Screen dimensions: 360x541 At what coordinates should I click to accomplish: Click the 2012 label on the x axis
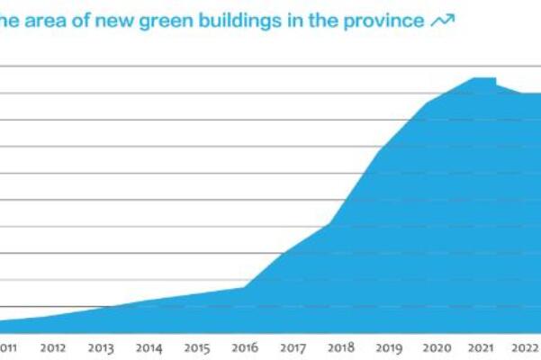(52, 348)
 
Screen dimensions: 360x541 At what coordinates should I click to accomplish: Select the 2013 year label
(101, 348)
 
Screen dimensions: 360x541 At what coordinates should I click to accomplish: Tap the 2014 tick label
(149, 348)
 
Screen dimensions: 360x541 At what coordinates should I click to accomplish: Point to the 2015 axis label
(197, 348)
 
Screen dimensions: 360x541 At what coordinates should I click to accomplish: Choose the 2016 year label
(245, 348)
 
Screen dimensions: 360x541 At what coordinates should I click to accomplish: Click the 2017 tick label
(293, 348)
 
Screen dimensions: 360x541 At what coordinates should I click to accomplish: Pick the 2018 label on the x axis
(340, 348)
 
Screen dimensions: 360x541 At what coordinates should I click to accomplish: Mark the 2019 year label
(389, 348)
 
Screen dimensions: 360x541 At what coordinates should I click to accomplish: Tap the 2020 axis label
(437, 348)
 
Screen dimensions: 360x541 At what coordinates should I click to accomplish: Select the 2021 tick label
(483, 348)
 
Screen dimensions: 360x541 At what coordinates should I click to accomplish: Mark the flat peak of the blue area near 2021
(484, 79)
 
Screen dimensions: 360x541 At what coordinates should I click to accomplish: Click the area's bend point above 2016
(246, 287)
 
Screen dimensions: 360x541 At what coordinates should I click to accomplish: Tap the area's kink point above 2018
(331, 222)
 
